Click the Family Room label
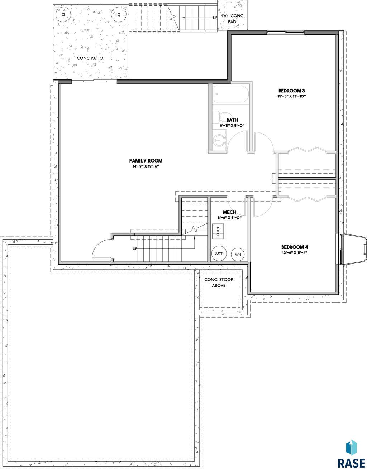click(x=146, y=161)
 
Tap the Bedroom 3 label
click(x=291, y=91)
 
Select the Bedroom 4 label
click(x=294, y=247)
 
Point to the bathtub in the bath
click(x=231, y=94)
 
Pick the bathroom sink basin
click(x=219, y=140)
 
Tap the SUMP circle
click(x=219, y=253)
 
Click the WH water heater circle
click(x=238, y=255)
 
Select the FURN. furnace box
click(x=218, y=231)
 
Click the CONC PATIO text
click(x=90, y=58)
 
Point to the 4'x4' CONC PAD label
click(x=232, y=19)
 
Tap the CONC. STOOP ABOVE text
click(x=219, y=282)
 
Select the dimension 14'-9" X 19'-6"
click(x=146, y=166)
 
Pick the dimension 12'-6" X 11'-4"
click(x=294, y=253)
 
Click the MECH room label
click(x=229, y=212)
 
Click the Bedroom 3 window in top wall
click(x=285, y=33)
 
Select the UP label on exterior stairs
click(x=215, y=18)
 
